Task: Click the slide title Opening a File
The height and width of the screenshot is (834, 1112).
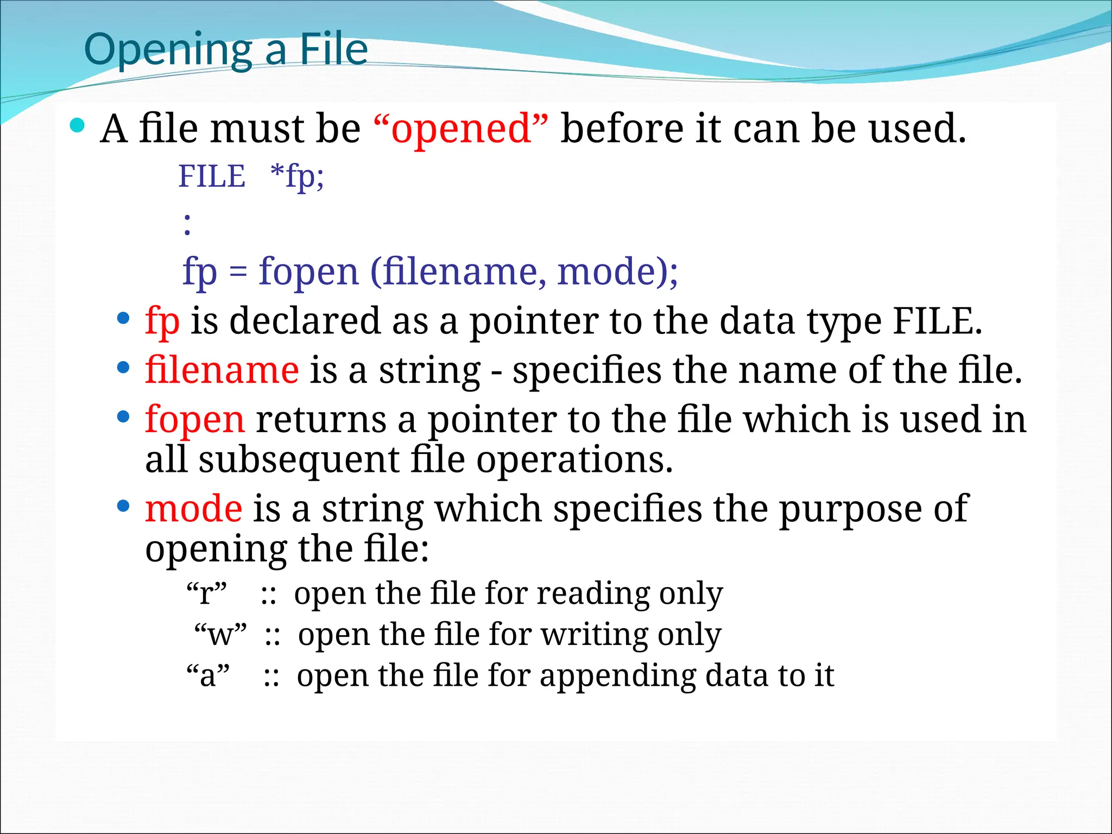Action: click(x=226, y=50)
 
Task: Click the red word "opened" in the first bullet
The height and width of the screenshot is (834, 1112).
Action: click(x=461, y=129)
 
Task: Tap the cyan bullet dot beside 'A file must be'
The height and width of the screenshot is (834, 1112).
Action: click(x=78, y=126)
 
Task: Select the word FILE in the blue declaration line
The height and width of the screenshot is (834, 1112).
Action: click(x=212, y=176)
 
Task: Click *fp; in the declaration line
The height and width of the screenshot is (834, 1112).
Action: click(x=297, y=176)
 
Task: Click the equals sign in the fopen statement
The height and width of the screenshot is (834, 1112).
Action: click(x=238, y=271)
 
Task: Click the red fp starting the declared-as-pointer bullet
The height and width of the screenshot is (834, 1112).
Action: click(x=162, y=321)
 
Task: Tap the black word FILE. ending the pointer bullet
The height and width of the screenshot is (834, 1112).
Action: click(x=937, y=321)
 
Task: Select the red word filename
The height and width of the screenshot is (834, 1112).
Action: click(x=222, y=370)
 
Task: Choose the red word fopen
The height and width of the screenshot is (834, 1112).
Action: click(x=195, y=420)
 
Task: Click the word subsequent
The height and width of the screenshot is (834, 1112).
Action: click(x=299, y=460)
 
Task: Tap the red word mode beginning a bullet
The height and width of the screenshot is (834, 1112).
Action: click(x=193, y=509)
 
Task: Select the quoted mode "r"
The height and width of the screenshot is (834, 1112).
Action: click(x=206, y=593)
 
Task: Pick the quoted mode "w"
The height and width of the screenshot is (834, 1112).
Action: click(x=220, y=634)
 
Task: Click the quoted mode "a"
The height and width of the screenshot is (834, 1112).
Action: click(x=208, y=675)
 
